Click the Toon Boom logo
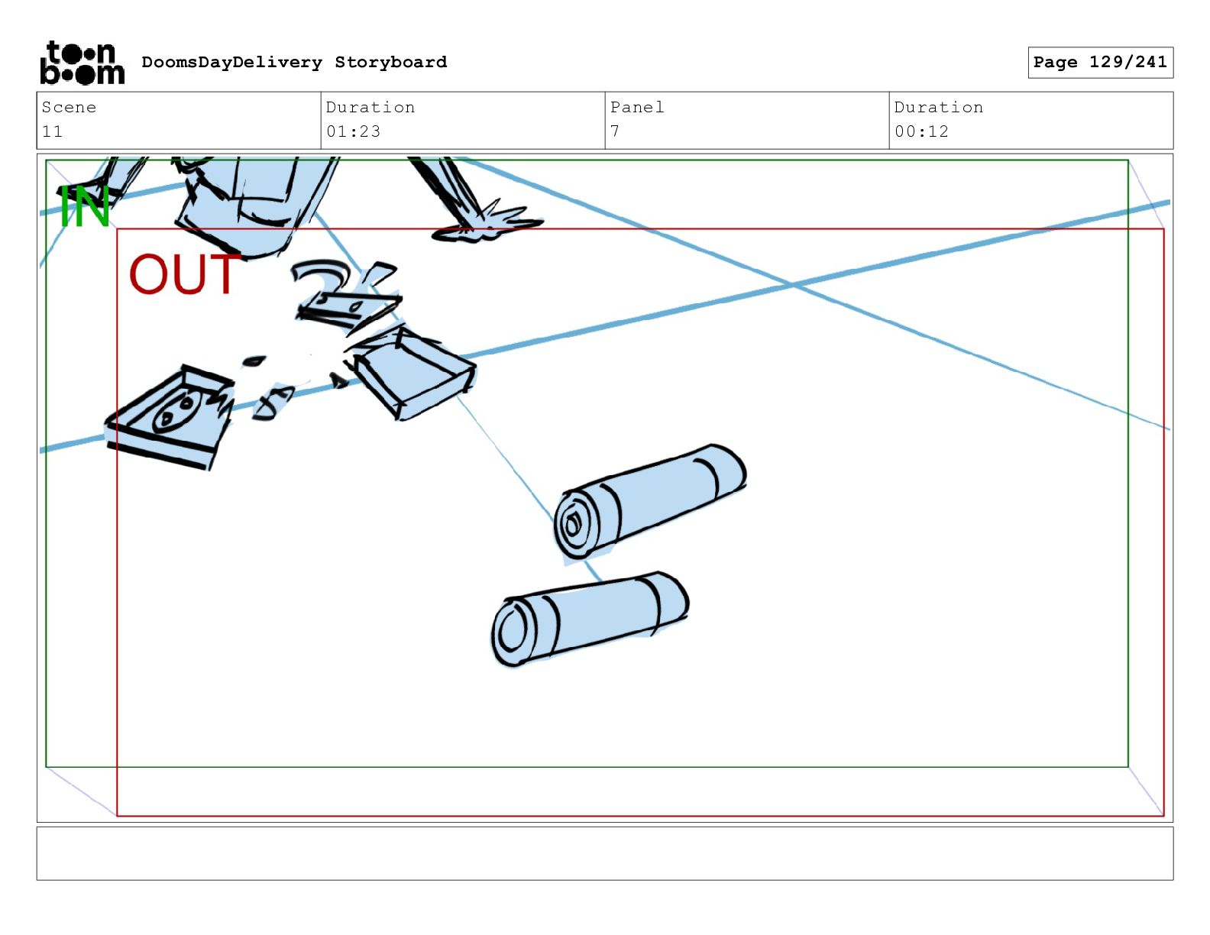tap(82, 63)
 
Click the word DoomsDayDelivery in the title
tap(231, 62)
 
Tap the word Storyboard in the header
tap(390, 62)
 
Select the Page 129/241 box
tap(1100, 63)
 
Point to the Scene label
tap(69, 107)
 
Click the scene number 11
tap(53, 131)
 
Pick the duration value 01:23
tap(353, 131)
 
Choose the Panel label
tap(637, 107)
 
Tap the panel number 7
tap(615, 131)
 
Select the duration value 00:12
tap(921, 131)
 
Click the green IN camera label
tap(84, 206)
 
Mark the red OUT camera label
tap(184, 274)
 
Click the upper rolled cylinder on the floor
tap(650, 501)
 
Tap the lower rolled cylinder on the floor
tap(590, 619)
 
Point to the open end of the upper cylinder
tap(574, 524)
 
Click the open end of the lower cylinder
tap(510, 632)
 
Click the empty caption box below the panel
tap(605, 853)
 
